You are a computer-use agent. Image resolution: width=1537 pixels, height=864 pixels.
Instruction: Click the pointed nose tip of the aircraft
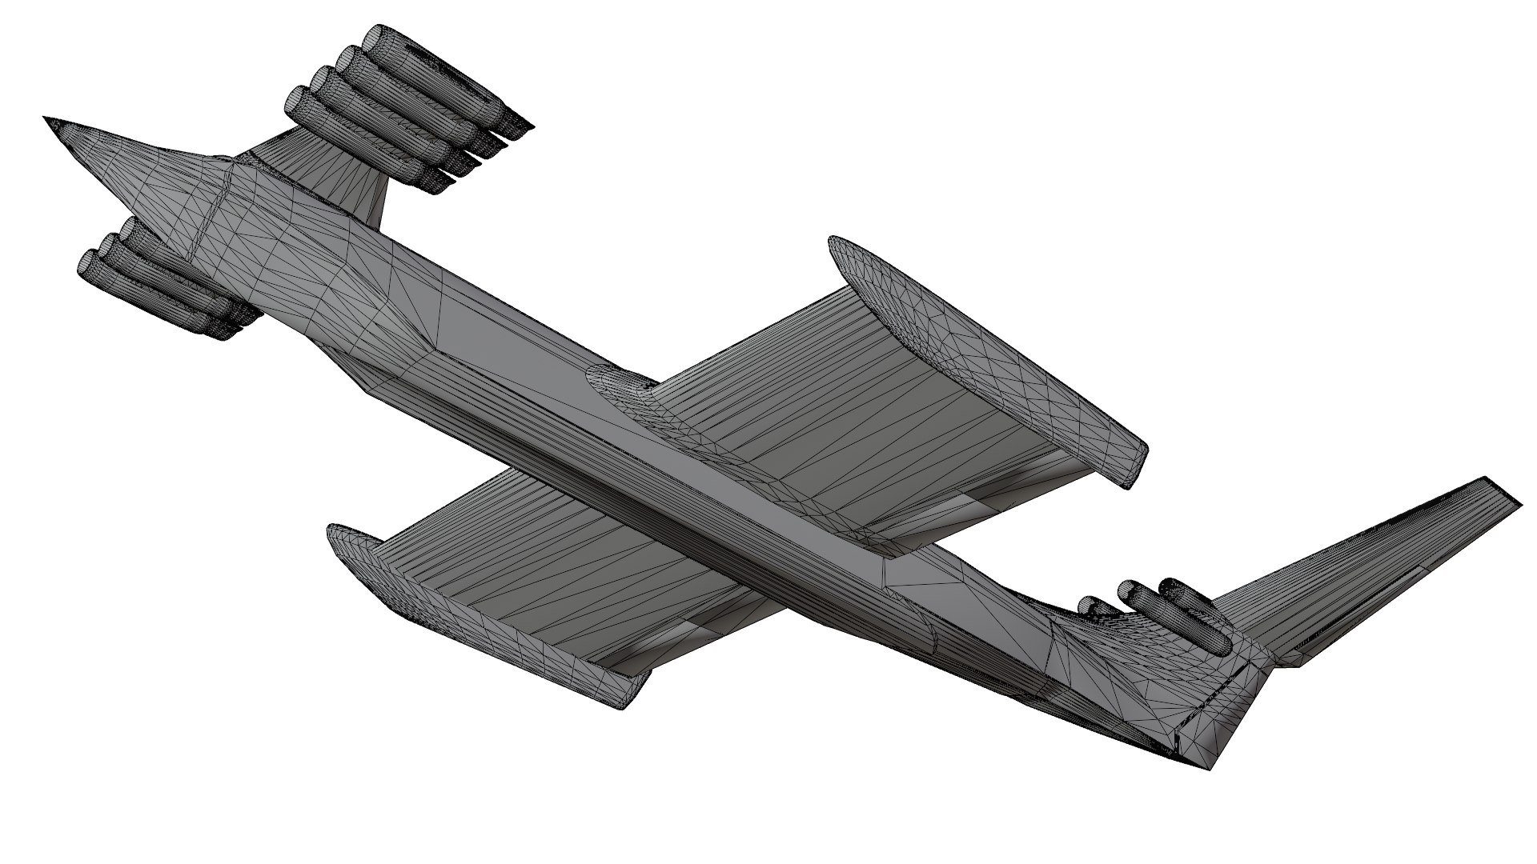(46, 119)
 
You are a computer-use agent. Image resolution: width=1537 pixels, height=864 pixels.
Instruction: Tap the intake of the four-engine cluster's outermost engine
(374, 38)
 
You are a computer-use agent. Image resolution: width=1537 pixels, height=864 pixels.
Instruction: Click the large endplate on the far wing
(985, 360)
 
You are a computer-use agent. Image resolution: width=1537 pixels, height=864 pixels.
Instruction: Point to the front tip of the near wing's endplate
(332, 532)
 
